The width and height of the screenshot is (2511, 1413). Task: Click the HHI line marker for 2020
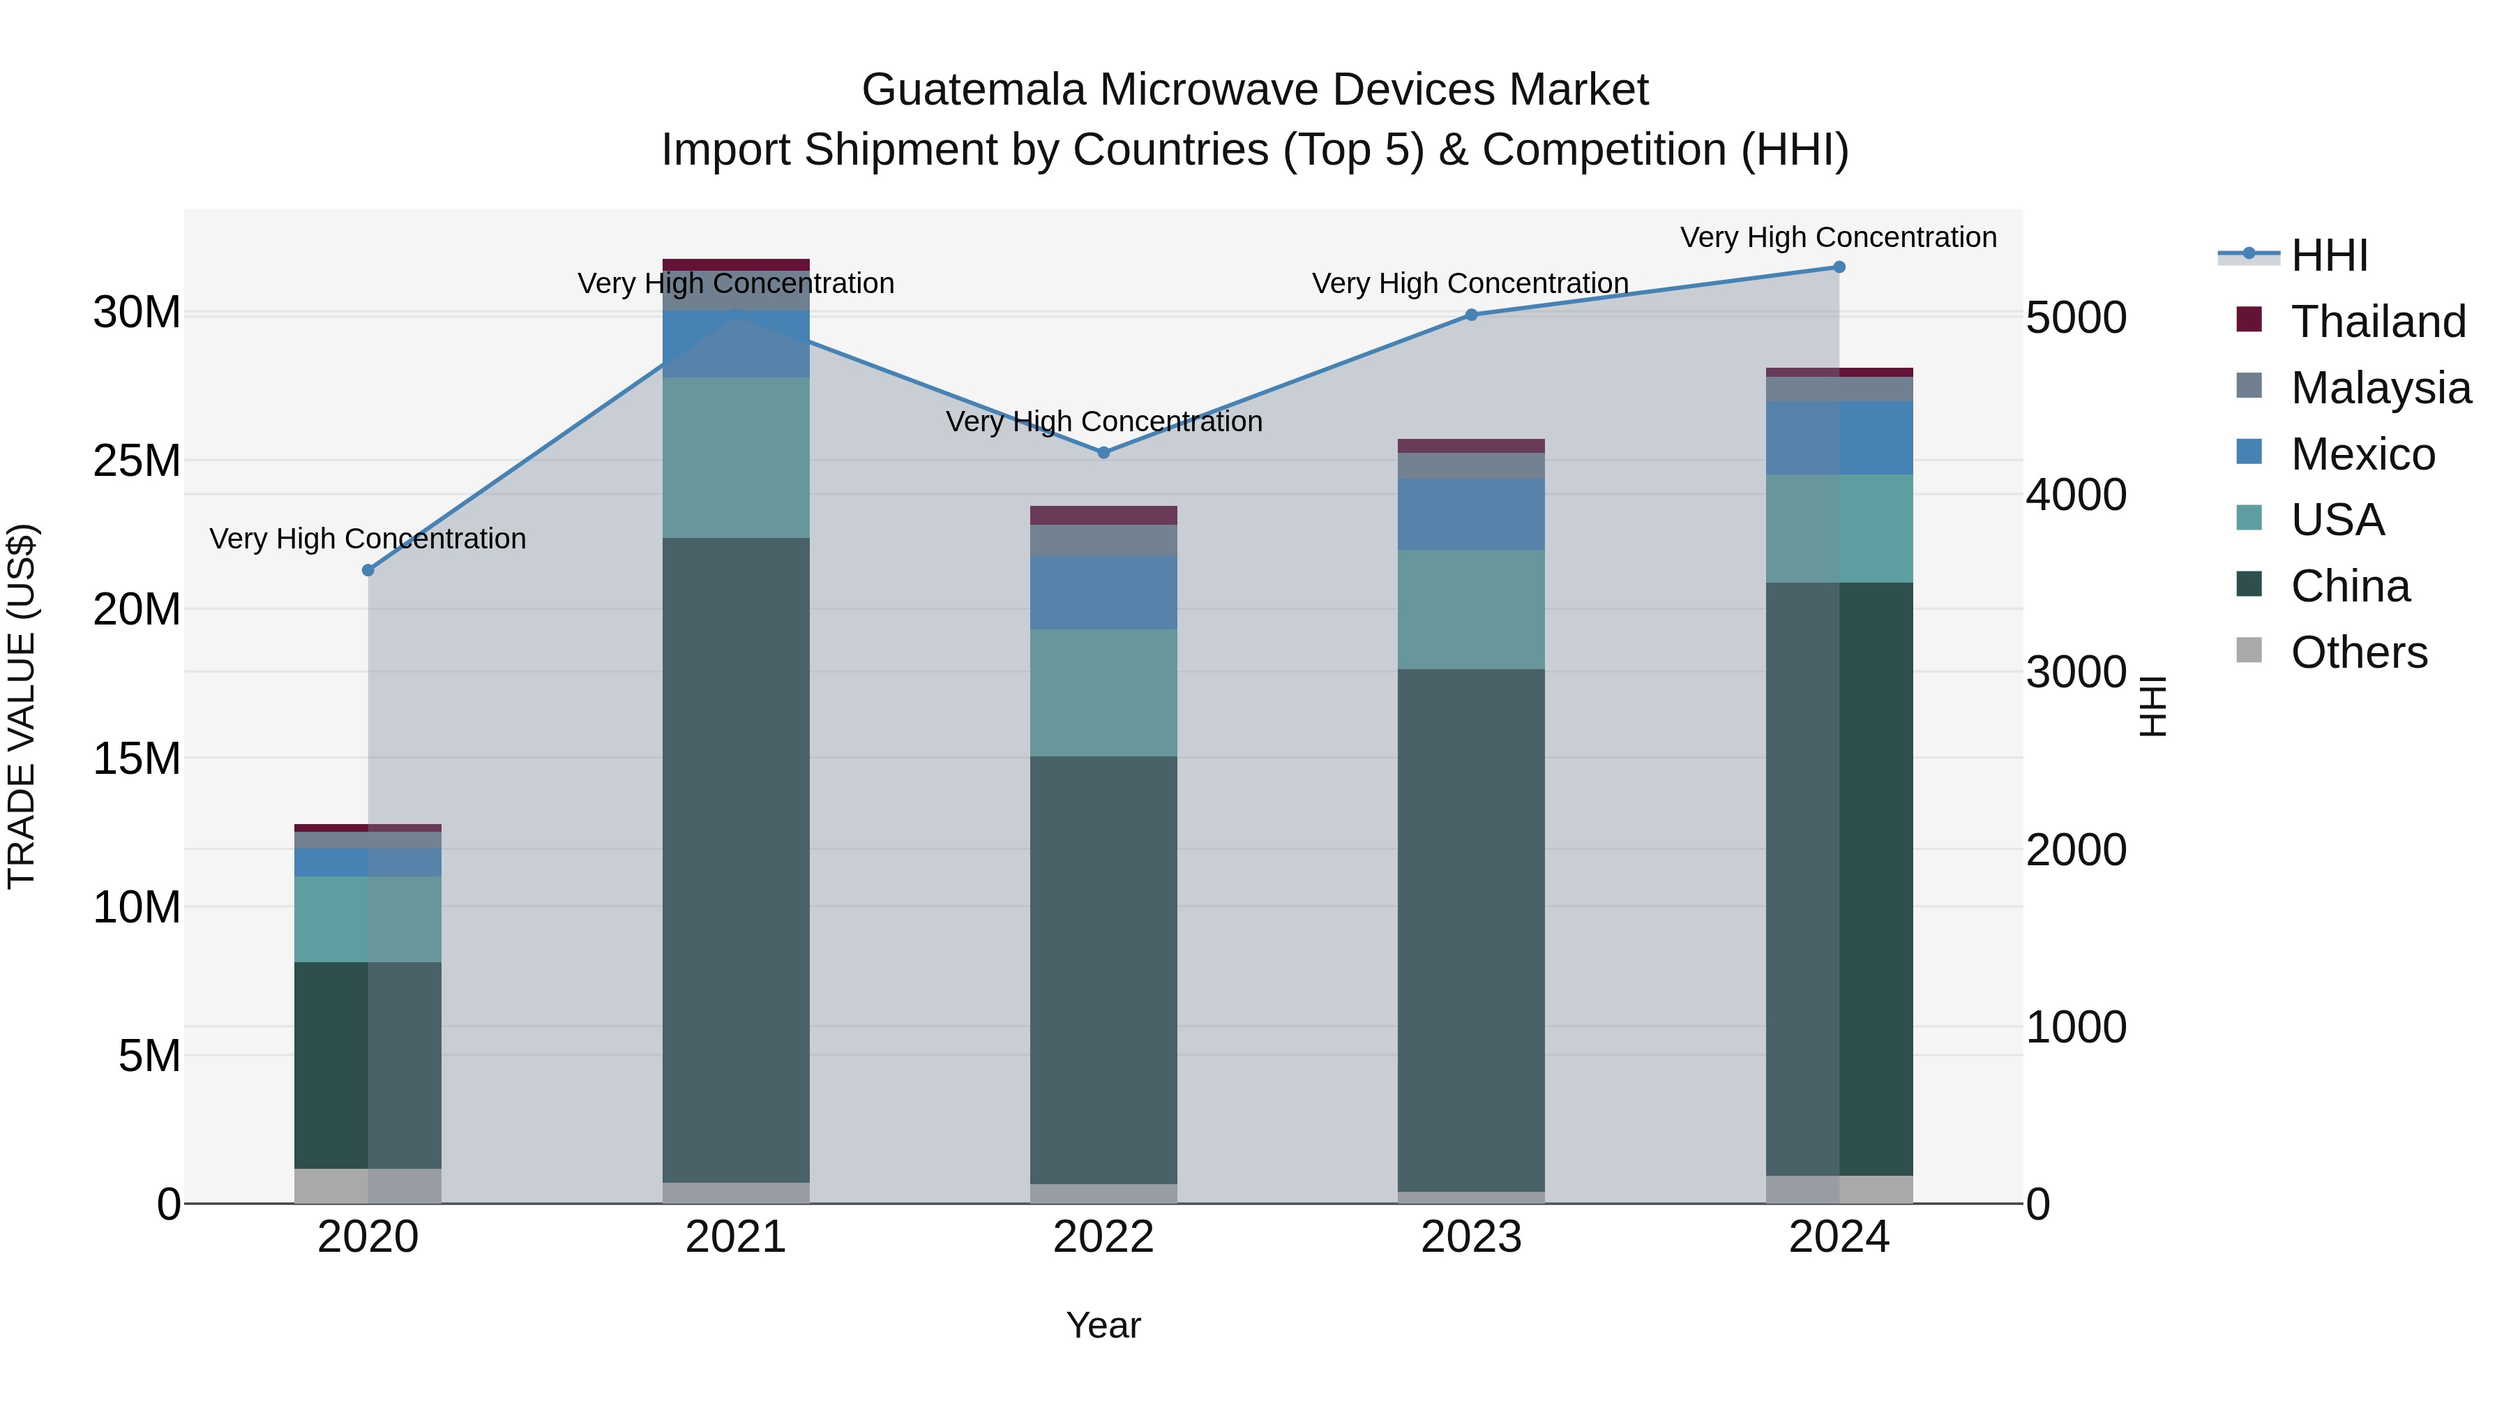(x=368, y=571)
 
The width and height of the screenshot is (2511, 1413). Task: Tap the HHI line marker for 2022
(x=1103, y=452)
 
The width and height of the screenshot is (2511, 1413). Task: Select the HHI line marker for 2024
(x=1839, y=267)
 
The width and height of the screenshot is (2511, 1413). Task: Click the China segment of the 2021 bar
(x=736, y=858)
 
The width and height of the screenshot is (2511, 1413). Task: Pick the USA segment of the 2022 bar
(x=1103, y=692)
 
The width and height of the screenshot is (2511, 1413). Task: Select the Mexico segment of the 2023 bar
(x=1471, y=514)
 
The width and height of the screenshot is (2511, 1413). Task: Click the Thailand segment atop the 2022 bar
(x=1103, y=515)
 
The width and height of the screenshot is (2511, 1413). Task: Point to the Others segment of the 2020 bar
(x=368, y=1185)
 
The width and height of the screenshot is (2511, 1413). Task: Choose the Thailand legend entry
(x=2378, y=322)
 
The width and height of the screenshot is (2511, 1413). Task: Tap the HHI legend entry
(x=2329, y=255)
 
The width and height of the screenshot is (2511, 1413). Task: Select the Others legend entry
(x=2358, y=652)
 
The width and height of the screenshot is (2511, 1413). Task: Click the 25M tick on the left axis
(x=137, y=461)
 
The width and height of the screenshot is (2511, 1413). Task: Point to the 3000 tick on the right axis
(x=2075, y=673)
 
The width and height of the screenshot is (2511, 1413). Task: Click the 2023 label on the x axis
(x=1471, y=1237)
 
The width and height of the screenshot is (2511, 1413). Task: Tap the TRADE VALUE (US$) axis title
(x=22, y=706)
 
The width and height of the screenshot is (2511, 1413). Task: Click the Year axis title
(x=1103, y=1325)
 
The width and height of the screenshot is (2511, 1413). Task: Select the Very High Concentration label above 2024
(x=1839, y=237)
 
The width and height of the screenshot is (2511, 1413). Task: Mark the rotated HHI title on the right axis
(x=2152, y=706)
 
